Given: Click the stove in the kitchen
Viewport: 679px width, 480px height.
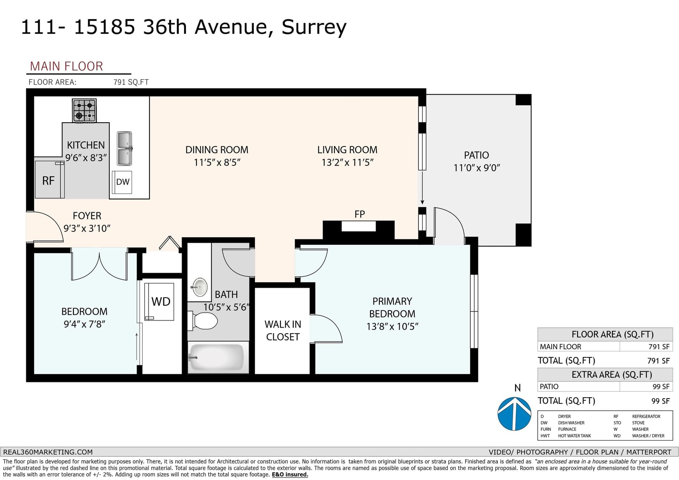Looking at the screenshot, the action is click(84, 111).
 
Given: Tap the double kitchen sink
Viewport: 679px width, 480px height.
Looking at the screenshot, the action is click(125, 149).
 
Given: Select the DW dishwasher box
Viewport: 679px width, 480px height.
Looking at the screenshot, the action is click(122, 182).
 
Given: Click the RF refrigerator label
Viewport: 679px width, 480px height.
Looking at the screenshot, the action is click(48, 181).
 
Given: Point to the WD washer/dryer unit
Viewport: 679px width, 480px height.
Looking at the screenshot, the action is click(159, 302).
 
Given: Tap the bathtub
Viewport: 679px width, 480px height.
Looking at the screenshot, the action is click(218, 357).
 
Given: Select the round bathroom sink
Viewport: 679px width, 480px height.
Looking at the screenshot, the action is click(200, 287).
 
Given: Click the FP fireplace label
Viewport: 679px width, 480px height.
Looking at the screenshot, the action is click(359, 214).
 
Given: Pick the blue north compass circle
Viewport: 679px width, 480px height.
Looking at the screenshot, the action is click(514, 414).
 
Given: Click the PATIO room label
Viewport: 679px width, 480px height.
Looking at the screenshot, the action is click(477, 155).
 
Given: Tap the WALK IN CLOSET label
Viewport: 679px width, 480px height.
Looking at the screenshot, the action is click(283, 331).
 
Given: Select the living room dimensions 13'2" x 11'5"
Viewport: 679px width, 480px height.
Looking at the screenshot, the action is click(348, 163).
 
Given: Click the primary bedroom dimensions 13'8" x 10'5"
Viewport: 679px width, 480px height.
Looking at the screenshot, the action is click(392, 326).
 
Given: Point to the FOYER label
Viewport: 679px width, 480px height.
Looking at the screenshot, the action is click(87, 216).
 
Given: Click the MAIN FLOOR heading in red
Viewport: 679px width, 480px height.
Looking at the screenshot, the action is click(66, 66).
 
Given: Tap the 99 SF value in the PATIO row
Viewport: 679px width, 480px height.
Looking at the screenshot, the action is click(661, 387).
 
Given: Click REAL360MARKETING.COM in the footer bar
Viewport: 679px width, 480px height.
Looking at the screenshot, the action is click(48, 452).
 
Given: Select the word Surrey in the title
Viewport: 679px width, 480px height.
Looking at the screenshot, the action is click(314, 27).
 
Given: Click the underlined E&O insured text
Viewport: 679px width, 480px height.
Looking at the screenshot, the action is click(290, 474).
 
